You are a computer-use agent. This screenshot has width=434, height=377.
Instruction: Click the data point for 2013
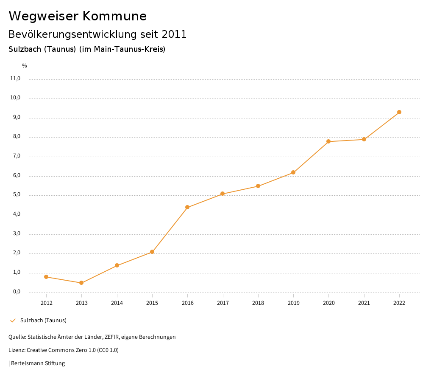tap(81, 283)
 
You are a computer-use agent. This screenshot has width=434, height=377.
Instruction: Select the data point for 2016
tap(187, 207)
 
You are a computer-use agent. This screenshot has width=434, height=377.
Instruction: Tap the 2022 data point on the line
tap(399, 112)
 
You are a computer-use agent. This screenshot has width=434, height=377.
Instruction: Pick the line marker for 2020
tap(328, 141)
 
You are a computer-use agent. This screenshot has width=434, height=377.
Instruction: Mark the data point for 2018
tap(258, 186)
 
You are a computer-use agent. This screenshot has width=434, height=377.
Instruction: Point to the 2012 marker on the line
tap(46, 277)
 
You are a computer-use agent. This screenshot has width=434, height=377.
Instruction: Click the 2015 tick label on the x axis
tap(152, 303)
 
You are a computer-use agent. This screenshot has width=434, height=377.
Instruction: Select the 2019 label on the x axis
tap(293, 303)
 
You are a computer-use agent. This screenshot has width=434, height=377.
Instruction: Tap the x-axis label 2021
tap(364, 303)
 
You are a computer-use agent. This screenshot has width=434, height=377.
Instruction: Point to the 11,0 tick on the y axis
tap(15, 79)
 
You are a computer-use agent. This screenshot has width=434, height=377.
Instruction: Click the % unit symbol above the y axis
tap(25, 66)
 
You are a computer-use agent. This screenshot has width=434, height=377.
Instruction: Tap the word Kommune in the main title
tap(115, 16)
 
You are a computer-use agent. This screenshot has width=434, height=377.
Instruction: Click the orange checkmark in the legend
tap(13, 321)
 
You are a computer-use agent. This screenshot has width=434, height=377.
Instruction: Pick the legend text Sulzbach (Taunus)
tap(43, 321)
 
